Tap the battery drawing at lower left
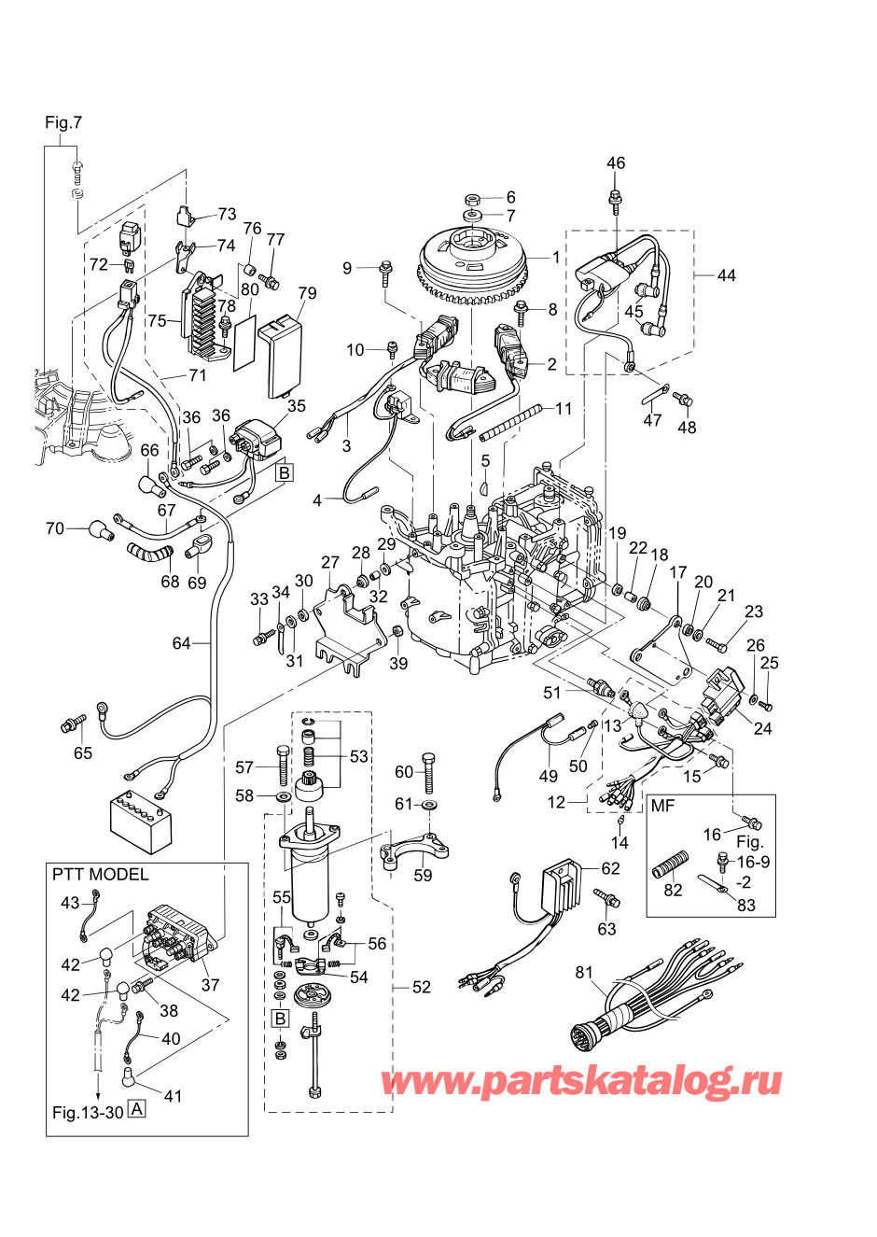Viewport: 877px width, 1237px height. [141, 821]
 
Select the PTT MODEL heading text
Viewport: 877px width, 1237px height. [100, 875]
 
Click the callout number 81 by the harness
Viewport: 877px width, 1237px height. [584, 973]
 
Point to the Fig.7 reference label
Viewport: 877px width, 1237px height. [63, 122]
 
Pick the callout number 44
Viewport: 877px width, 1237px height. [726, 275]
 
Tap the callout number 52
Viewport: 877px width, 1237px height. [421, 987]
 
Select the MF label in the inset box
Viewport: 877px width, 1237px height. [662, 807]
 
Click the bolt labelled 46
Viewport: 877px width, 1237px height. [616, 200]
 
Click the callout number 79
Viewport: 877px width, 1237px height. [307, 293]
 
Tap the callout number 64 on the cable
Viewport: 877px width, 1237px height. [181, 643]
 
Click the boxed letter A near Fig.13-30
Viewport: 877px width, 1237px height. [136, 1110]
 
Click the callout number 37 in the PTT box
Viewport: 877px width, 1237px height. [210, 985]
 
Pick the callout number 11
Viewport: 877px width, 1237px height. [563, 409]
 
